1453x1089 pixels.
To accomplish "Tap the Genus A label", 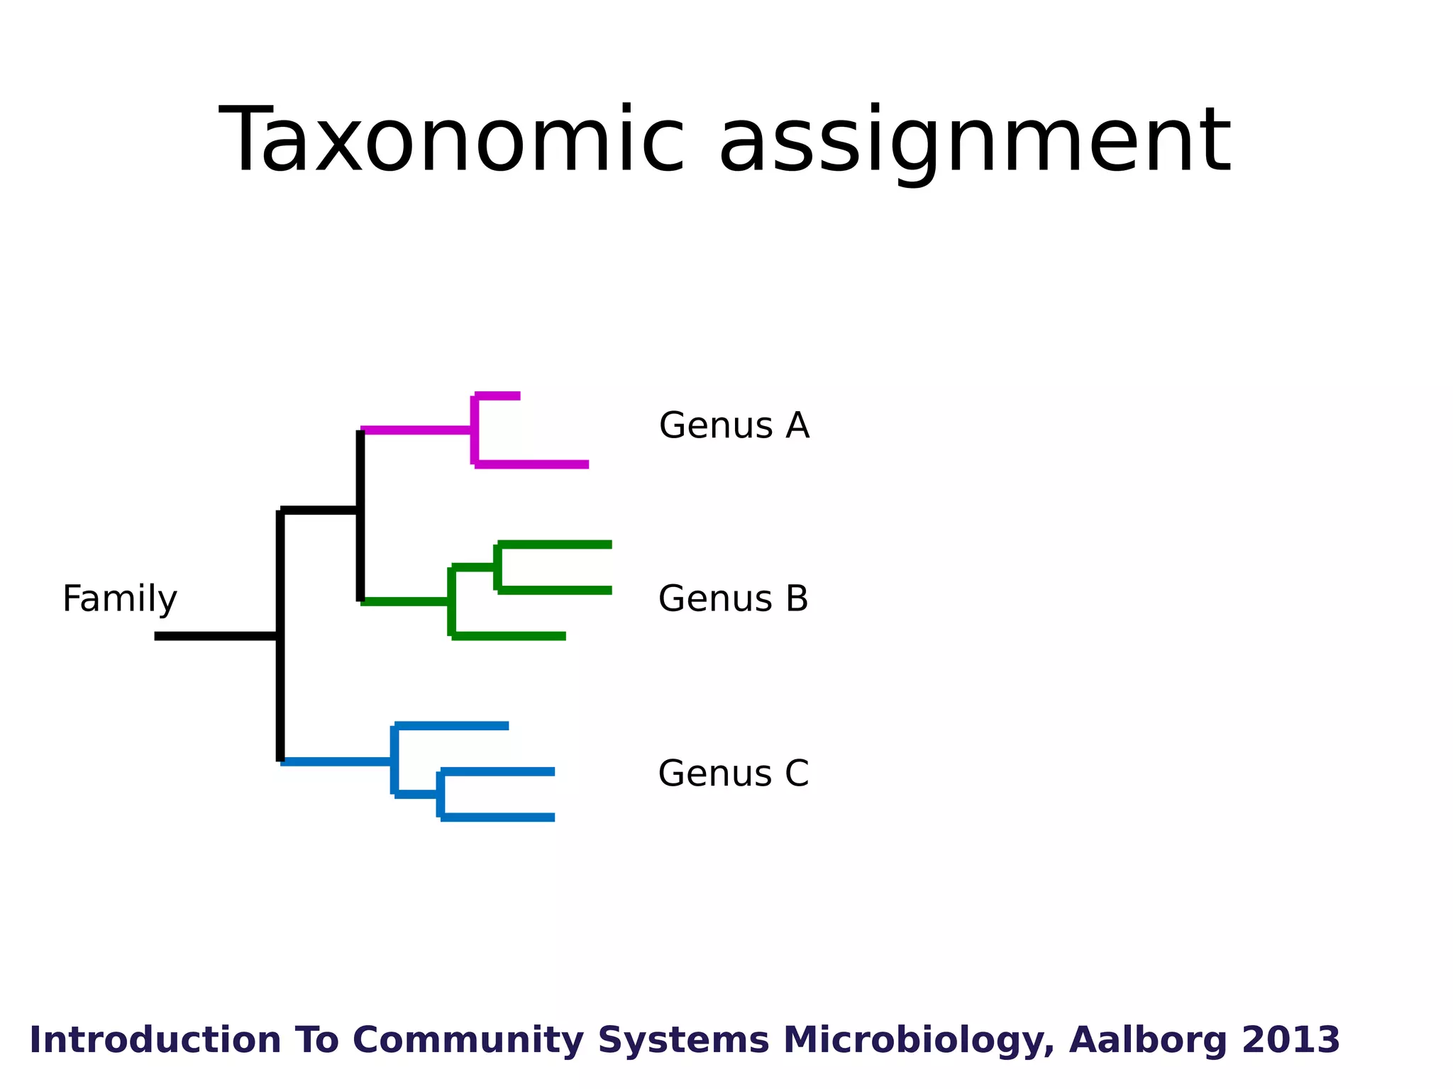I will tap(734, 425).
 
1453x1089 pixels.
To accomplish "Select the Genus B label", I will tap(733, 598).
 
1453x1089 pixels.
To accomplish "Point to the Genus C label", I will tap(733, 773).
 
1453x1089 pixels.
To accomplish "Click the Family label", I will tap(119, 598).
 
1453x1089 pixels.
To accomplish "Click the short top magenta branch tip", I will tap(498, 396).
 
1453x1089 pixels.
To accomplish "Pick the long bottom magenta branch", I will tap(532, 464).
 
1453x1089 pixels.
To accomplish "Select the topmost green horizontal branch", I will tap(555, 544).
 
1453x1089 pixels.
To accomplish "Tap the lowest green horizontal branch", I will tap(509, 636).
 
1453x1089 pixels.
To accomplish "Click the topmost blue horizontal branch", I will tap(452, 725).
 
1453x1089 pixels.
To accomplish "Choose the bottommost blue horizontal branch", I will tap(497, 817).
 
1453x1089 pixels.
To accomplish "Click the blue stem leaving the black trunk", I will tap(337, 761).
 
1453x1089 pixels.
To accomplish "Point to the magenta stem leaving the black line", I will tap(416, 430).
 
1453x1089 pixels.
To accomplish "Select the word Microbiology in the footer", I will tap(919, 1040).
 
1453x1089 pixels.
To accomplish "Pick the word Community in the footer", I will tap(468, 1040).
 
